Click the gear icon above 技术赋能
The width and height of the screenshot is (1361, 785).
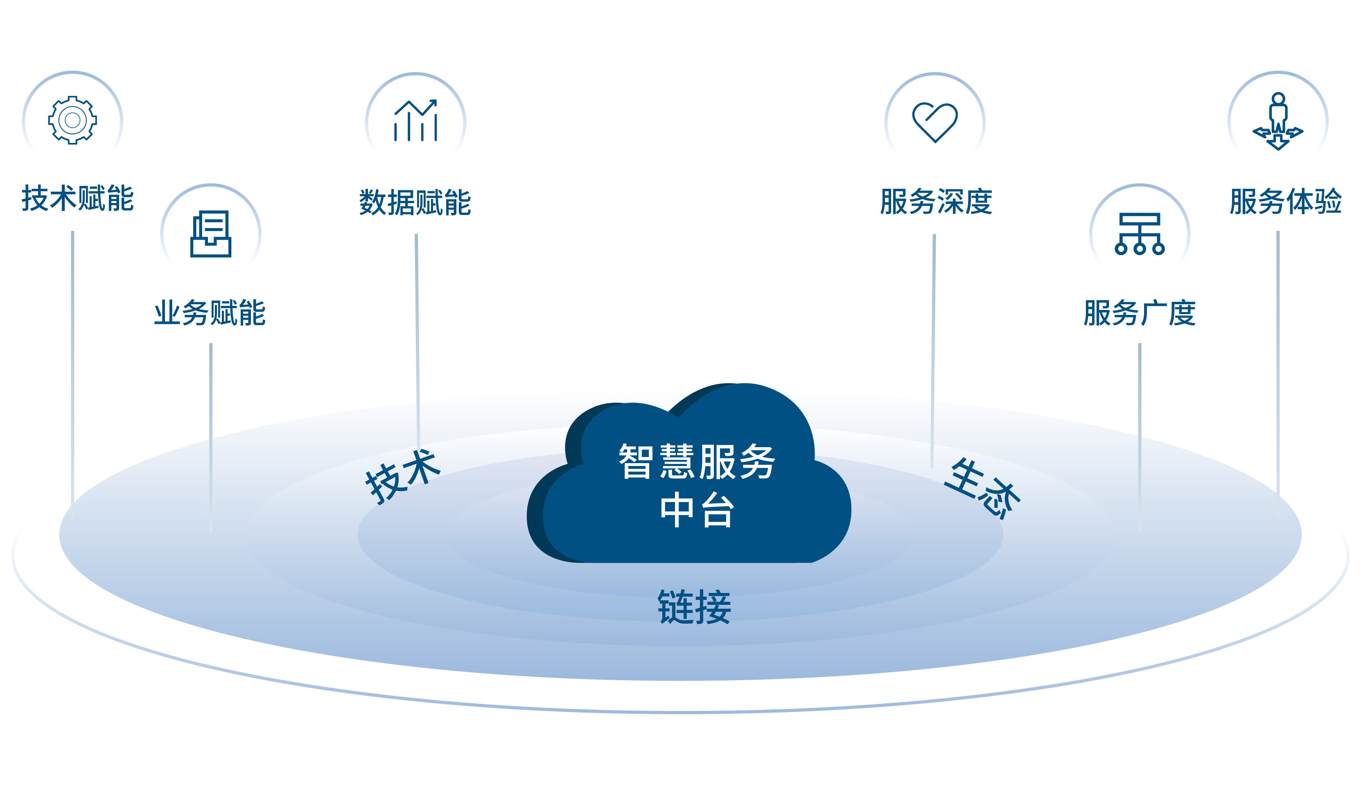click(72, 120)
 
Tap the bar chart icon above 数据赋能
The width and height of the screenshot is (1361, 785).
click(415, 121)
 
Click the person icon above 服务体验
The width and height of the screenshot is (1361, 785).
click(1277, 121)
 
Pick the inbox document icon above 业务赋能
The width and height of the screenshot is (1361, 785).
click(211, 233)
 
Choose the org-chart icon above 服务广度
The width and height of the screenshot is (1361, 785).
click(1140, 233)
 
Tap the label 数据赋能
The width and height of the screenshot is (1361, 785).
click(415, 203)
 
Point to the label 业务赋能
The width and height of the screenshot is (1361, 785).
click(210, 313)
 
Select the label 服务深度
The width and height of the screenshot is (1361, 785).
click(936, 201)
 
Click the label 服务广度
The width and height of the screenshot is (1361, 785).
click(1140, 313)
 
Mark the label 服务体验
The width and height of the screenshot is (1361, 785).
click(1285, 201)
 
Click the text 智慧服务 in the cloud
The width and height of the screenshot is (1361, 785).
click(696, 461)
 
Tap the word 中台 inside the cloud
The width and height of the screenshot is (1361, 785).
click(696, 510)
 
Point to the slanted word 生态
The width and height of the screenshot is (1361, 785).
click(982, 489)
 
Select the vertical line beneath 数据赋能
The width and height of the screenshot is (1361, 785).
click(417, 339)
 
